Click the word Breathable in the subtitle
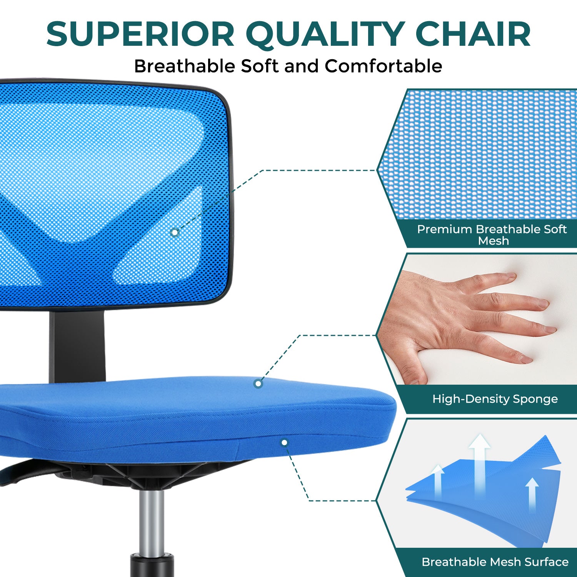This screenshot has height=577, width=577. pos(184,66)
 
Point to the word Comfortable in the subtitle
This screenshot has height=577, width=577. pos(384,66)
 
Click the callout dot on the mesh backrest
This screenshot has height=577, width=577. pos(175,232)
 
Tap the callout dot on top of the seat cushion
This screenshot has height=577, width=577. pos(258,384)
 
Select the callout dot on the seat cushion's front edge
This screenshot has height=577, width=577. pos(284,443)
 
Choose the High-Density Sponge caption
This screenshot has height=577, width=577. pos(495,399)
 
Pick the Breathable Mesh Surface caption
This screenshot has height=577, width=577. pos(495,562)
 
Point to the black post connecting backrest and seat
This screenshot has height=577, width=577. pos(77,346)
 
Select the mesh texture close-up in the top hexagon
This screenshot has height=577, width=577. pos(481,154)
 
